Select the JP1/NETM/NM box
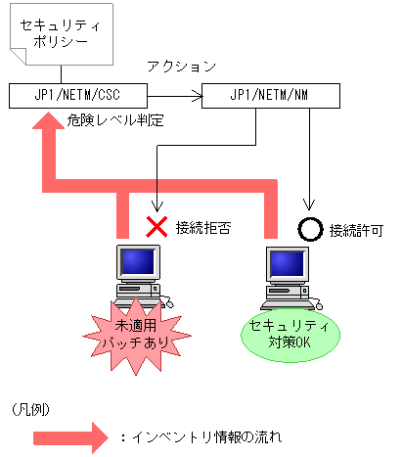coord(270,95)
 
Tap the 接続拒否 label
coord(202,228)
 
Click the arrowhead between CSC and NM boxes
coord(195,96)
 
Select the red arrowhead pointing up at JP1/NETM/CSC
coord(45,123)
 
